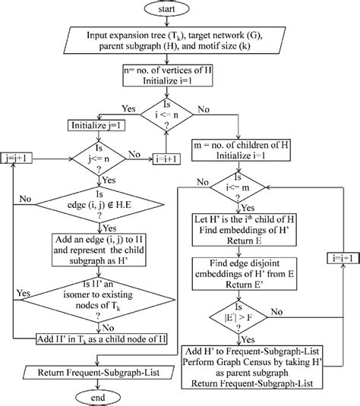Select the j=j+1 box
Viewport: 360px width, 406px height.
click(x=18, y=158)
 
